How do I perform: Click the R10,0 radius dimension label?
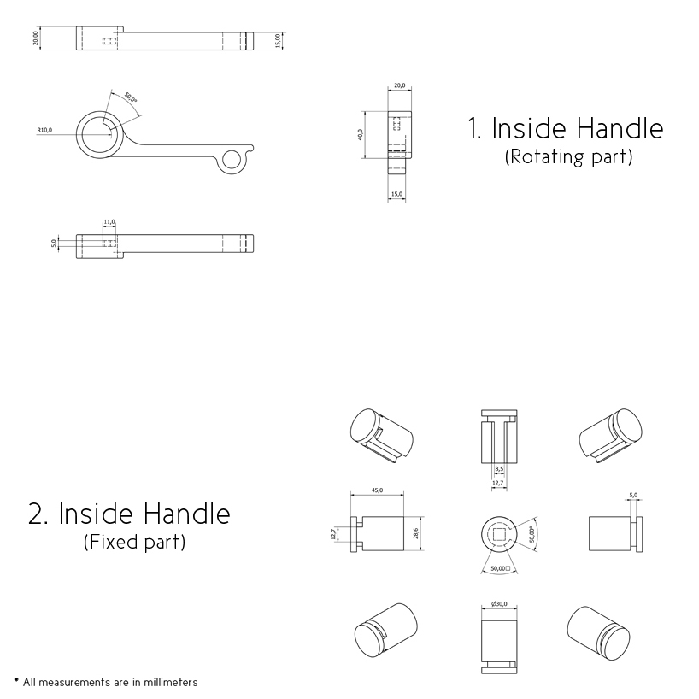(x=44, y=130)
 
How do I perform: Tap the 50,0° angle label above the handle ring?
(x=131, y=97)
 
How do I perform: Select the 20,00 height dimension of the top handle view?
(x=36, y=38)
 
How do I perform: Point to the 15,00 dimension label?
(x=278, y=40)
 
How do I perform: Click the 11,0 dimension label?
(x=109, y=221)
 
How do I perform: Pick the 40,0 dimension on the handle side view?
(x=361, y=135)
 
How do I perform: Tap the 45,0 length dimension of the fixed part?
(x=377, y=490)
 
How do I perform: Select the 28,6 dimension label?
(x=416, y=533)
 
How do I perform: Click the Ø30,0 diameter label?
(x=499, y=603)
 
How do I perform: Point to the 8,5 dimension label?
(x=499, y=468)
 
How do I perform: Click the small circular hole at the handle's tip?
(x=232, y=160)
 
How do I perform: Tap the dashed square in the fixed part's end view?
(x=499, y=533)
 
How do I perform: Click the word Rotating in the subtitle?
(x=548, y=156)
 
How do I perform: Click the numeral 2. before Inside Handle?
(x=38, y=514)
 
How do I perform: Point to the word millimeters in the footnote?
(x=171, y=682)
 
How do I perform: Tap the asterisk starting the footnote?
(x=16, y=680)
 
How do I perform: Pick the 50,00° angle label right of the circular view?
(x=532, y=533)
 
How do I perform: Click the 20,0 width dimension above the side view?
(x=399, y=85)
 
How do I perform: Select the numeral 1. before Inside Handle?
(x=474, y=128)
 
